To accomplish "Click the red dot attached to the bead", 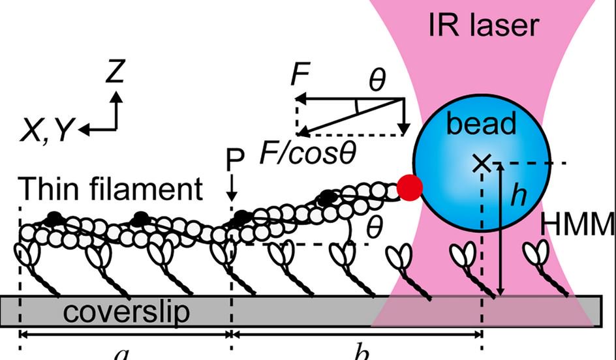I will [410, 188].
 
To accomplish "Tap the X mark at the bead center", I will [482, 163].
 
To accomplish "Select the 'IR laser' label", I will [484, 25].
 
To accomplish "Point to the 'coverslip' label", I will [127, 311].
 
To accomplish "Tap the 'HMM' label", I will [578, 225].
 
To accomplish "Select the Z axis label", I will [115, 72].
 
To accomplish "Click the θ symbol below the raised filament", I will [373, 228].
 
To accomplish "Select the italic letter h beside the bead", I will [519, 194].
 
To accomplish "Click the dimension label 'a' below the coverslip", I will [121, 353].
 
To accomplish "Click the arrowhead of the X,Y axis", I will [84, 130].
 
